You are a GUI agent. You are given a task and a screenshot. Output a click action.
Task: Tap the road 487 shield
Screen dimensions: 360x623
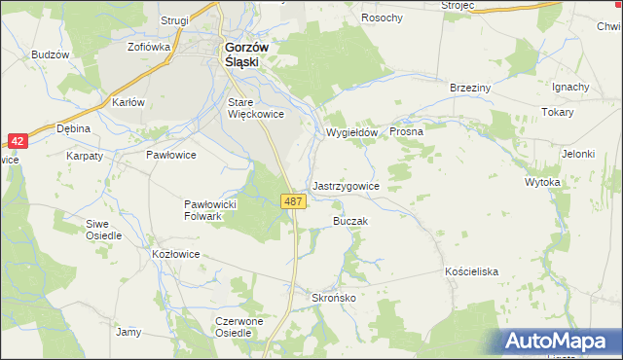coord(295,201)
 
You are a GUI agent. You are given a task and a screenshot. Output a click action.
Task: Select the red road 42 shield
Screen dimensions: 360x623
coord(20,141)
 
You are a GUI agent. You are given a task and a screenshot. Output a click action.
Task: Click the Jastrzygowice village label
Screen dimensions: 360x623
coord(346,185)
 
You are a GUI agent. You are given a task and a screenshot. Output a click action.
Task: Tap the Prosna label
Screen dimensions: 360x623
coord(406,131)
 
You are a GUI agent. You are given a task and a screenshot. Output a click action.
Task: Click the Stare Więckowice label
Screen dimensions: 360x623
coord(255,107)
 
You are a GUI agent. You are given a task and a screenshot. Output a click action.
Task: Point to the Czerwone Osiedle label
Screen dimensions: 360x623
coord(239,326)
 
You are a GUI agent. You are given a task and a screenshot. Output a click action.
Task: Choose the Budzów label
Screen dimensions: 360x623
coord(51,55)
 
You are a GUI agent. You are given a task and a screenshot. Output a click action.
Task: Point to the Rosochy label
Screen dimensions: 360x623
coord(383,18)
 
